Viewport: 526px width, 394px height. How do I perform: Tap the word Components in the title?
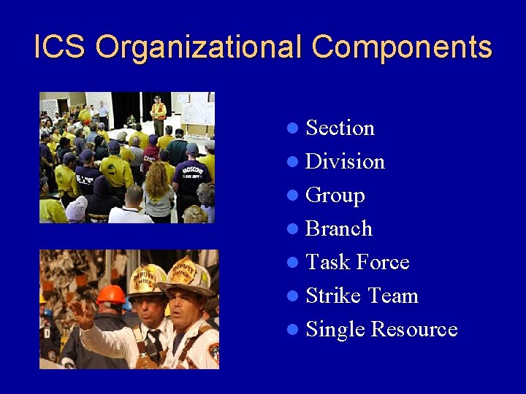tap(402, 47)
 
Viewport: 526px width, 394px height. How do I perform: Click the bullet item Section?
tap(340, 128)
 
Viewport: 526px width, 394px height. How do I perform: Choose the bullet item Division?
tap(345, 162)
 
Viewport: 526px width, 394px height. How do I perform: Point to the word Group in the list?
tap(335, 196)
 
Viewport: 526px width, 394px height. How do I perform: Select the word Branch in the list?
tap(339, 229)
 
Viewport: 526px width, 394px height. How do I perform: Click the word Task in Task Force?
tap(327, 263)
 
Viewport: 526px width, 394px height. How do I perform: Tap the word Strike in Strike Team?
tap(334, 296)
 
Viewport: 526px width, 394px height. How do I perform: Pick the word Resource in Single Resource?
tap(413, 330)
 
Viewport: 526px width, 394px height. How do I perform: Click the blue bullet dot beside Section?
tap(293, 129)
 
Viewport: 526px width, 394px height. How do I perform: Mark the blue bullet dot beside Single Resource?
tap(293, 331)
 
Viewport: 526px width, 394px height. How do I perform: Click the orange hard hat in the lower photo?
tap(112, 295)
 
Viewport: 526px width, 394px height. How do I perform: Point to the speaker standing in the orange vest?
tap(158, 114)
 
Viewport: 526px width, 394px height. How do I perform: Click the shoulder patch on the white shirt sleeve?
tap(213, 354)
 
